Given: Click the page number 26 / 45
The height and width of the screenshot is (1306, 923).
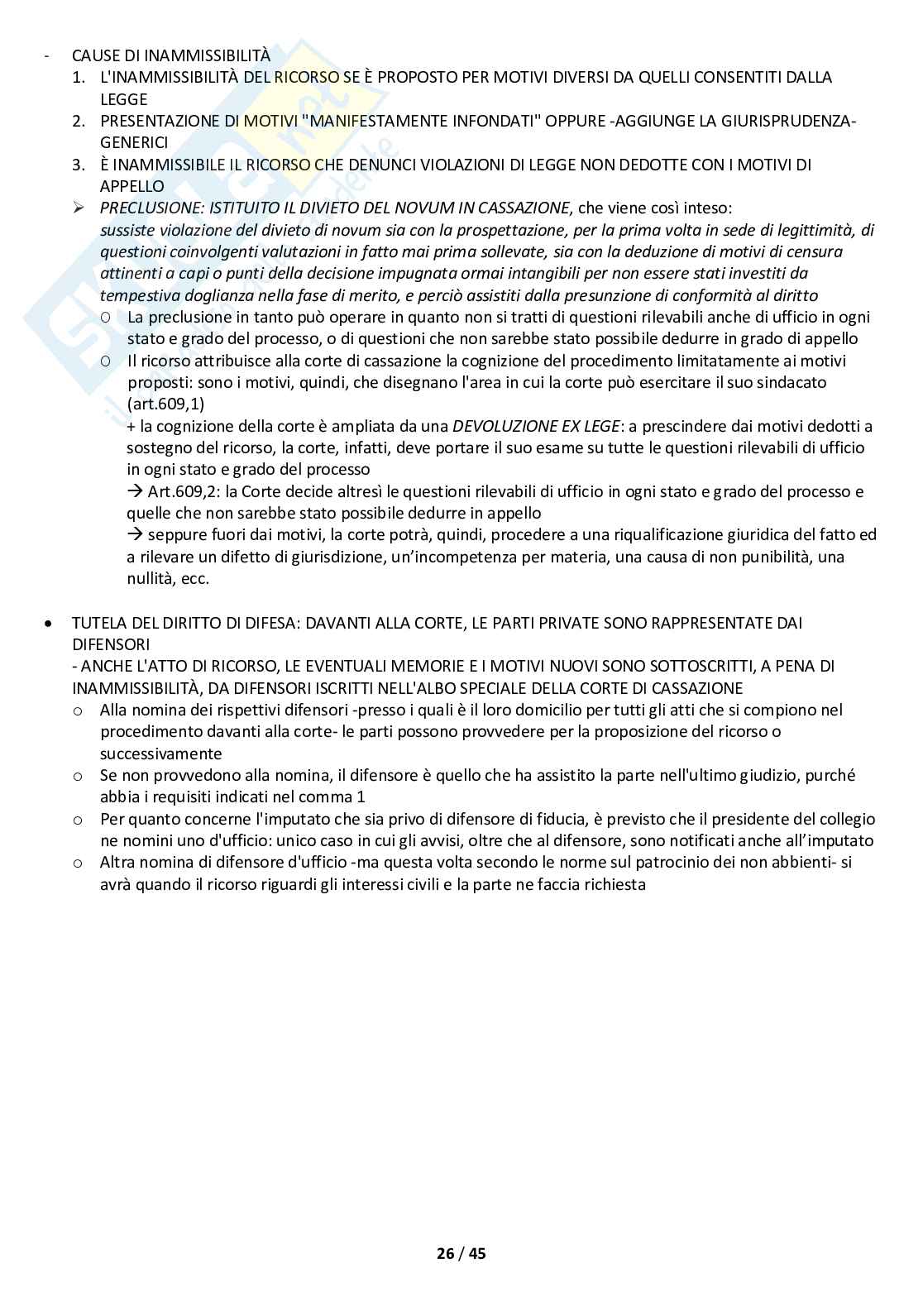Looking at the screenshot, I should [461, 1253].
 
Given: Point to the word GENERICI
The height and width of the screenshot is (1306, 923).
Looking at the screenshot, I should [134, 142].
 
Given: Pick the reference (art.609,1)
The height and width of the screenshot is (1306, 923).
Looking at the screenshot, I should [165, 404].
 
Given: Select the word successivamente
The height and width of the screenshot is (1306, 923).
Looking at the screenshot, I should [160, 753].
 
